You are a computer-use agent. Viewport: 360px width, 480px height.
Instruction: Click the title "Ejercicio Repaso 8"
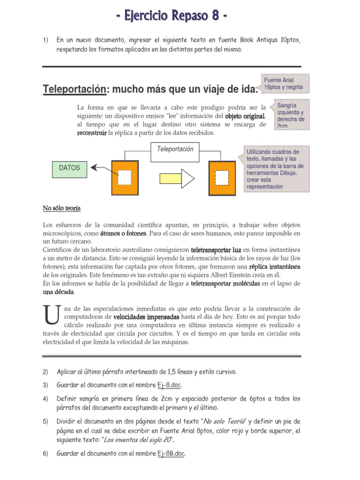click(173, 17)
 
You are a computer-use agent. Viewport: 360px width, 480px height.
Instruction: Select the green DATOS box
click(69, 168)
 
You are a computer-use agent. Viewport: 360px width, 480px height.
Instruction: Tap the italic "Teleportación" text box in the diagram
click(172, 150)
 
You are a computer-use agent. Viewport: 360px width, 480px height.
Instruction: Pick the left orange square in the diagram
click(124, 177)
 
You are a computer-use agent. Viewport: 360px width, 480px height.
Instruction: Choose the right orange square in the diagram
click(222, 177)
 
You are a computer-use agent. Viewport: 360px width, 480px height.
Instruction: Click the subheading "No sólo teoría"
click(58, 209)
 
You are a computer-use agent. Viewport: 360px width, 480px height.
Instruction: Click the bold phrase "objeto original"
click(245, 116)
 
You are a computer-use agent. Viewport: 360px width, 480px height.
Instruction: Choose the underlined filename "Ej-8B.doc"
click(171, 454)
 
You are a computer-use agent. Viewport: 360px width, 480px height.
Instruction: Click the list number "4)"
click(45, 399)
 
